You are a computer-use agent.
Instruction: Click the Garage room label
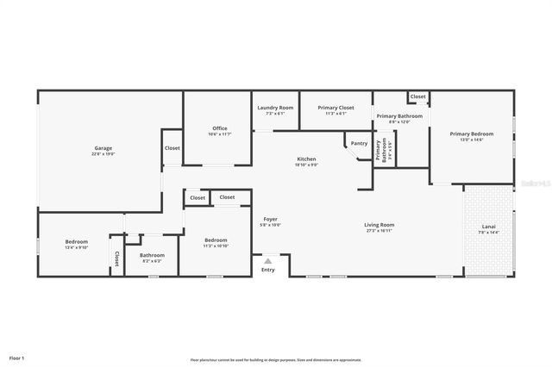[103, 148]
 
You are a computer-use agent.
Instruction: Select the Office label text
[220, 128]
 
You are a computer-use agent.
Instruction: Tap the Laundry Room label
[275, 108]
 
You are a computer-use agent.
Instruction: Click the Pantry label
[359, 143]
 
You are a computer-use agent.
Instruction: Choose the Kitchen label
[306, 159]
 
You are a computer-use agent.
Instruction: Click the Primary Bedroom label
[472, 134]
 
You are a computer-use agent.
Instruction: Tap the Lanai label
[488, 227]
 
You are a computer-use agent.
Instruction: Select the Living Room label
[379, 225]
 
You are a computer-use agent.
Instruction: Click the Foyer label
[270, 219]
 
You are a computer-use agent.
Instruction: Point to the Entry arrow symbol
[267, 260]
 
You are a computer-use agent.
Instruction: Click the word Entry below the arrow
[267, 270]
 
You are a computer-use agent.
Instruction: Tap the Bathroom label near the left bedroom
[152, 254]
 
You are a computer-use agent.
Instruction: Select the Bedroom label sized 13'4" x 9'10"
[77, 242]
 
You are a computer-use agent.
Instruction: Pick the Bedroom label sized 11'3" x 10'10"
[216, 239]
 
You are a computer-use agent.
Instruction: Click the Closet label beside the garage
[172, 148]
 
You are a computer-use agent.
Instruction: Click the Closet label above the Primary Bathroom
[417, 96]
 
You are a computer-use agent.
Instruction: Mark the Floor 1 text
[17, 357]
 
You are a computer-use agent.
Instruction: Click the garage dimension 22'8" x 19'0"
[103, 154]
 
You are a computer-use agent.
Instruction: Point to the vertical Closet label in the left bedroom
[116, 258]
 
